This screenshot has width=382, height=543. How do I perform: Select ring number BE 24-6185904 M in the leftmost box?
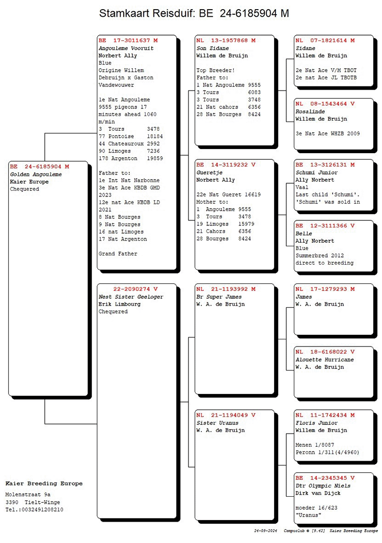point(39,166)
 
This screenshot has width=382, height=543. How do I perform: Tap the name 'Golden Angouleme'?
point(36,174)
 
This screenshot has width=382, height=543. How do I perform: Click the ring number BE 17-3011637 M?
point(128,40)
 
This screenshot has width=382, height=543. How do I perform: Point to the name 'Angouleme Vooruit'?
point(126,48)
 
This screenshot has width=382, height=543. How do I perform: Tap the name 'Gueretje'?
point(210,173)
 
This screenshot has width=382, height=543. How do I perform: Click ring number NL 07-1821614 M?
point(325,40)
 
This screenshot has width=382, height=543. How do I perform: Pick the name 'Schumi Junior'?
point(317,173)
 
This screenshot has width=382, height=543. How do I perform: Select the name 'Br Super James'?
point(219,297)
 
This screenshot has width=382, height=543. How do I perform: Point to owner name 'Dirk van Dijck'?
point(318,493)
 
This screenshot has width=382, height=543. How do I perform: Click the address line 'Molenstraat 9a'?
point(28,494)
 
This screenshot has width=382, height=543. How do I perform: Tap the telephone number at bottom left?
point(34,509)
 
